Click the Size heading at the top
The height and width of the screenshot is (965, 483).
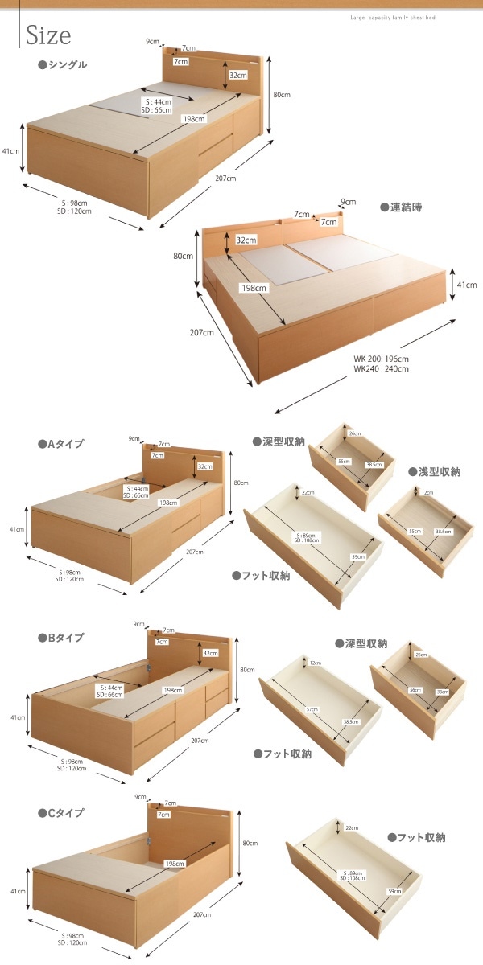point(48,35)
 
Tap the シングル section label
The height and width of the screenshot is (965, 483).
point(63,65)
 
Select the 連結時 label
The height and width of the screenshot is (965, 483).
point(401,207)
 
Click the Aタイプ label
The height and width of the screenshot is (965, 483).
point(61,443)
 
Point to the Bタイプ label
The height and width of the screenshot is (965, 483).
point(61,638)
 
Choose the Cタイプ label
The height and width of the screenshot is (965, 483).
point(61,813)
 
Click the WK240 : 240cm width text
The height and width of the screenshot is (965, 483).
point(381,369)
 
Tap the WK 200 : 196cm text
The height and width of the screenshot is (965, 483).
point(381,359)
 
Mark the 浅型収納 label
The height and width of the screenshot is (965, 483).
point(435,472)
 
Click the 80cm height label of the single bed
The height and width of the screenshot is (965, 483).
point(281,95)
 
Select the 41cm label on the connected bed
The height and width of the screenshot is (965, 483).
point(467,285)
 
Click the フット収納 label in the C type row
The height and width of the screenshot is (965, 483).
point(417,837)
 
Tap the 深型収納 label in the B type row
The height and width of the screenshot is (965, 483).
point(361,643)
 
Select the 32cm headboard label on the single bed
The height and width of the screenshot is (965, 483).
point(237,75)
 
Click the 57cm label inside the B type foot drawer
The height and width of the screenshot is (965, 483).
point(312,709)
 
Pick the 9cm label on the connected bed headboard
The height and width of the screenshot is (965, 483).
point(349,202)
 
